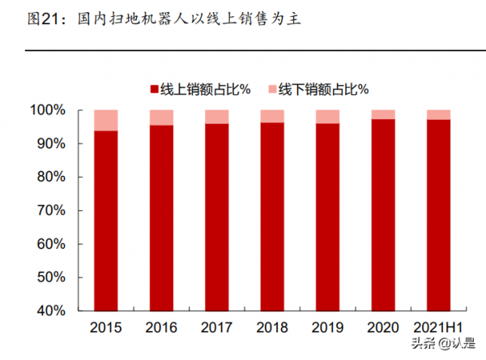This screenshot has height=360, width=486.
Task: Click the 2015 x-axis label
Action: pos(105,328)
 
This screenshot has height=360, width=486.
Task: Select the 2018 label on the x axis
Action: pos(271,328)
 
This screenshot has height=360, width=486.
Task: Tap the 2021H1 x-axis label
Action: pos(438,328)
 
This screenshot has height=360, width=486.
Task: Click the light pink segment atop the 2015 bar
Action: pos(105,120)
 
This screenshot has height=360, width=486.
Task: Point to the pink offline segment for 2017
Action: pos(216,117)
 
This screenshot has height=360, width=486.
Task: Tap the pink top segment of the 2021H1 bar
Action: pos(438,114)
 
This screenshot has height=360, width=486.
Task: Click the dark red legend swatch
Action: pos(154,88)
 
